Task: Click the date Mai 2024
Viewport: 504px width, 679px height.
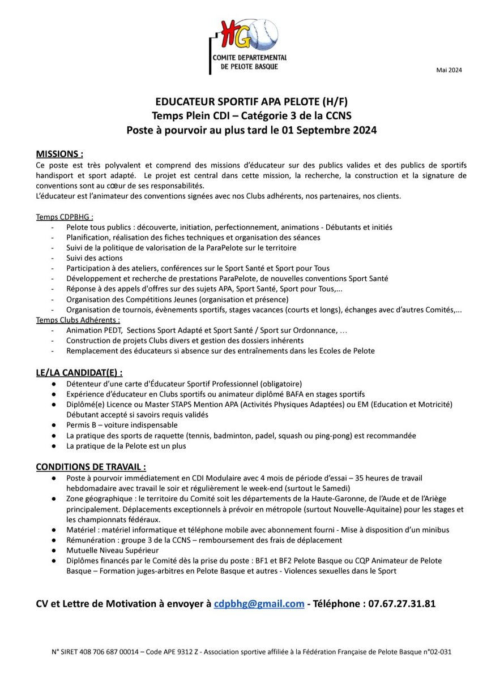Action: (x=449, y=70)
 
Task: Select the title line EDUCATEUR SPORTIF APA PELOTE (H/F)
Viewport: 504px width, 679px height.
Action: (x=251, y=102)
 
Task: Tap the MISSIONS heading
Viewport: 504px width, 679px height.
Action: (x=59, y=153)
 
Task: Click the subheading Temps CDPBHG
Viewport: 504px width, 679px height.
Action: (x=65, y=217)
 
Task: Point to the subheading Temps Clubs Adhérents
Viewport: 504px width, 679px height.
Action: (x=78, y=320)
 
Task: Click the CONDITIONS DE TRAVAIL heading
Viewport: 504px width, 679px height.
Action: (x=91, y=467)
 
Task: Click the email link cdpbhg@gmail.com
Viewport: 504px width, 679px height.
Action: (x=259, y=604)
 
